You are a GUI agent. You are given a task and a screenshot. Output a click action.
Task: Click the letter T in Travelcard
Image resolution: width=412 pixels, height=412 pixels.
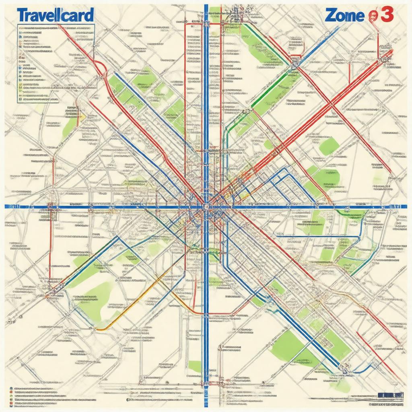[x=23, y=15]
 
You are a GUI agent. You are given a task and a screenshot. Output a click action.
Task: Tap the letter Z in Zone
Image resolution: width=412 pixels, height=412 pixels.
[x=331, y=15]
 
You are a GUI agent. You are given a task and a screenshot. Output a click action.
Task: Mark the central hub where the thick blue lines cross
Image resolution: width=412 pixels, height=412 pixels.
[x=206, y=207]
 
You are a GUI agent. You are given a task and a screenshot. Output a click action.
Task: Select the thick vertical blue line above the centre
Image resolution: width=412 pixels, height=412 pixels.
[x=206, y=101]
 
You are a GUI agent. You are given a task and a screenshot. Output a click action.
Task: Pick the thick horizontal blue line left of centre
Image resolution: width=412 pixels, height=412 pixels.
[x=101, y=207]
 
